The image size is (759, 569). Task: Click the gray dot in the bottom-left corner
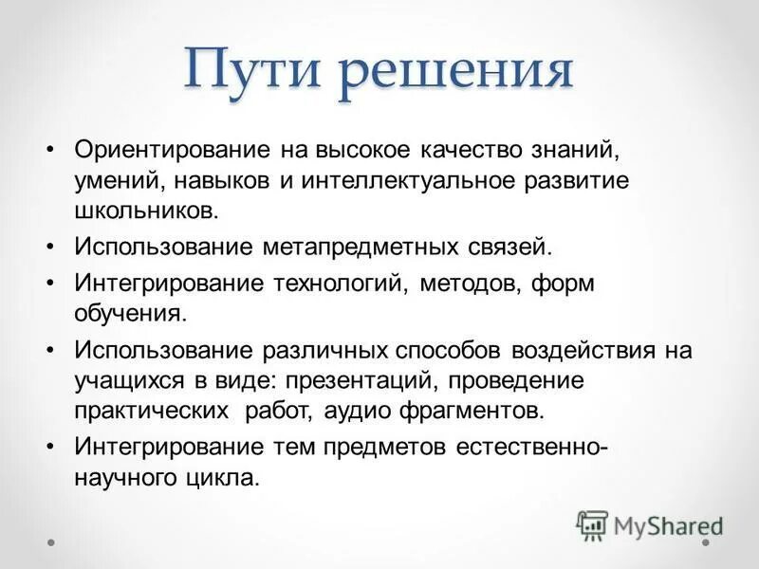tap(53, 543)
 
